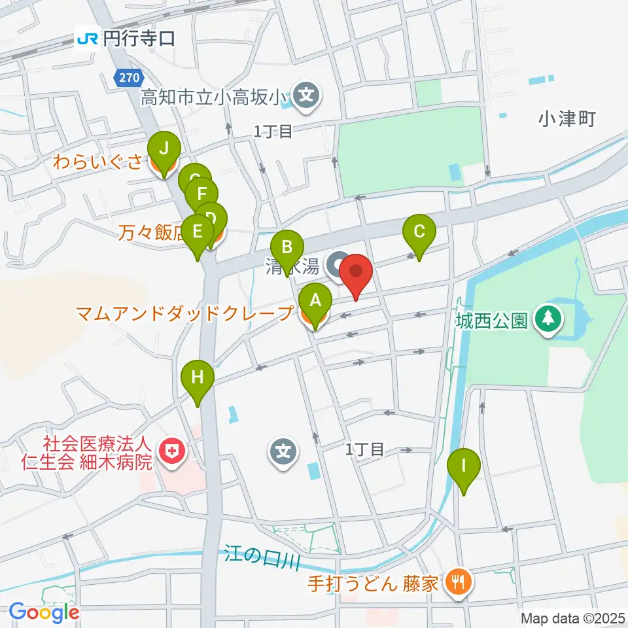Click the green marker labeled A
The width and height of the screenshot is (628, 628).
315,302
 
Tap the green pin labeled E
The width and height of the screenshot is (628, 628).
197,232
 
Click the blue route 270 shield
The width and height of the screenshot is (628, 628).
128,78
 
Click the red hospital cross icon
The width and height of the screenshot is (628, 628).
173,451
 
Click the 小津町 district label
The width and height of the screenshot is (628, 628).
567,118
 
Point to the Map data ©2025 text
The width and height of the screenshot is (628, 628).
573,618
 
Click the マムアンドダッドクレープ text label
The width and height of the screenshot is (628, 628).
183,314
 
